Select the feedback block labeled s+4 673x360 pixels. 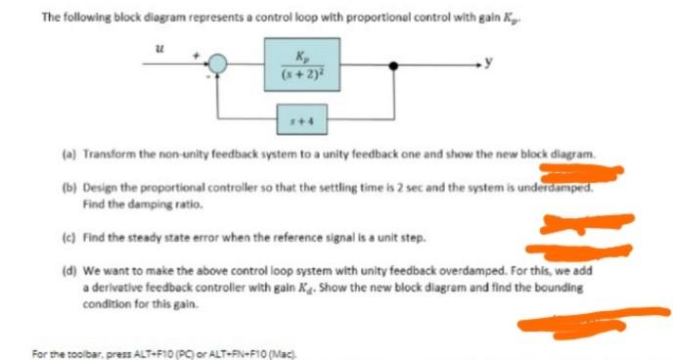pos(301,124)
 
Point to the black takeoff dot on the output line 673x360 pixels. pos(394,65)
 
